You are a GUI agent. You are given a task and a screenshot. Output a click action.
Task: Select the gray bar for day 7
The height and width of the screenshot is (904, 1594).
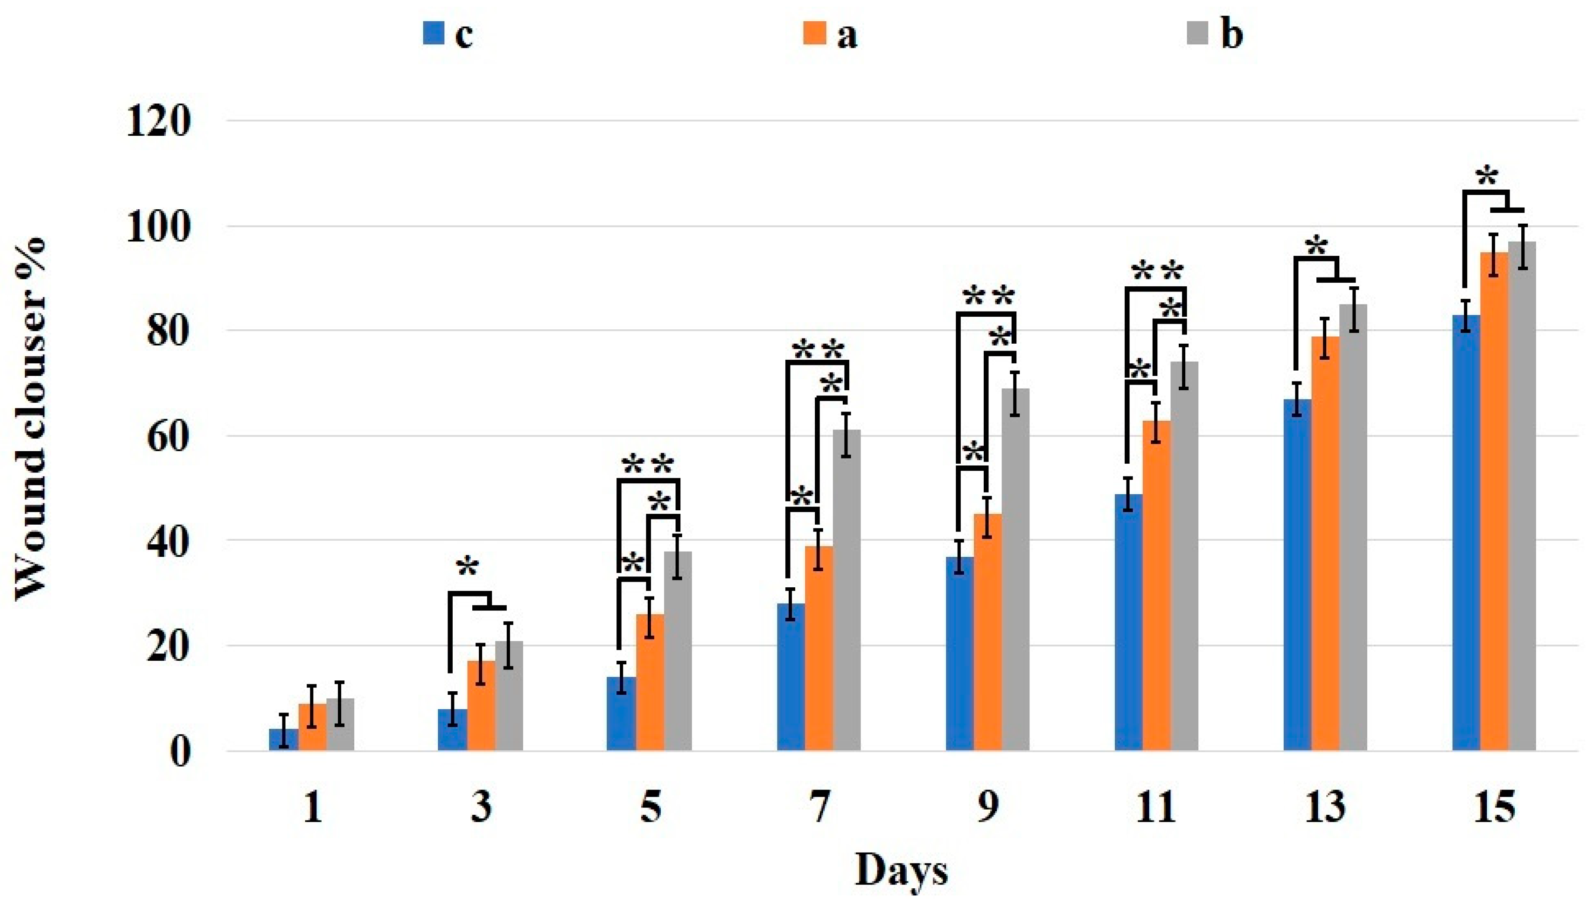(847, 590)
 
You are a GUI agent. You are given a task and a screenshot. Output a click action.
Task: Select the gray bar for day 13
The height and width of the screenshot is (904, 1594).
(1353, 528)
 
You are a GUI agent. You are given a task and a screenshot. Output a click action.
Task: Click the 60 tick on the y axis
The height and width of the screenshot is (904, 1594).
(166, 436)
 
